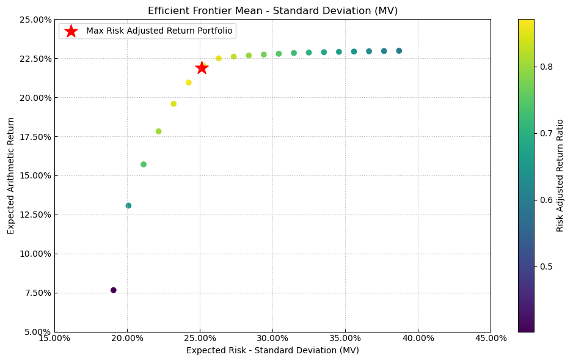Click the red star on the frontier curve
tap(202, 68)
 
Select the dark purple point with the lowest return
tap(114, 290)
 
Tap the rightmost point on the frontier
tap(399, 51)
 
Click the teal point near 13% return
tap(128, 206)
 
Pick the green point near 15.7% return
tap(144, 164)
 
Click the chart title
tap(272, 11)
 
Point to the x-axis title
tap(272, 350)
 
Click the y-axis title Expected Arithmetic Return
tap(11, 175)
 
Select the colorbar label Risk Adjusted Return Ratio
tap(560, 175)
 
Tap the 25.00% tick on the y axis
tap(35, 20)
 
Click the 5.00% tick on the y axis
tap(37, 332)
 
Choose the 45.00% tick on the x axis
tap(490, 338)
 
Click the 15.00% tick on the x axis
tap(54, 338)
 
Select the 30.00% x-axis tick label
tap(272, 338)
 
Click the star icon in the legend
tap(71, 31)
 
